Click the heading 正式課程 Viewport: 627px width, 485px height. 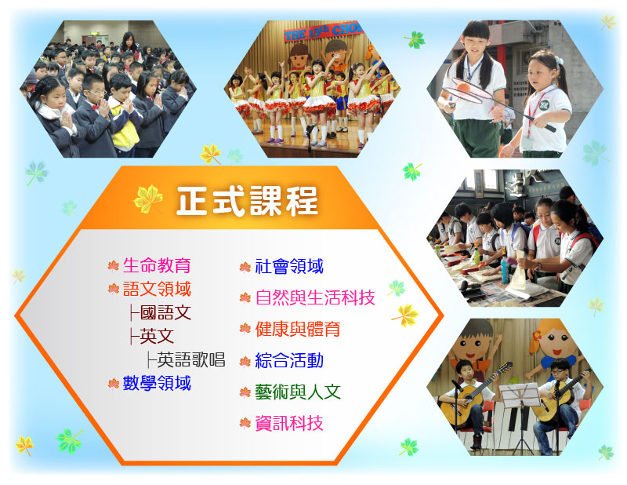(247, 201)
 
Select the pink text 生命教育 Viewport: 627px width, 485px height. (157, 265)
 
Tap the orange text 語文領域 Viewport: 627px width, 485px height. (157, 289)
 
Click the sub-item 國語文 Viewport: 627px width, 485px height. (165, 312)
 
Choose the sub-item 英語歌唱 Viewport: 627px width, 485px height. (190, 359)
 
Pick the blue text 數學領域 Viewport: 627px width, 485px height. (157, 383)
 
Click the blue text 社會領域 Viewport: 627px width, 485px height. (289, 266)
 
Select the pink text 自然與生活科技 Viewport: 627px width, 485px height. (315, 297)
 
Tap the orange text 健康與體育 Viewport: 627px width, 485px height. (298, 329)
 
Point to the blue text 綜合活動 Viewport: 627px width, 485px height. (289, 360)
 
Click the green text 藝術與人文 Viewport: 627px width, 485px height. (298, 392)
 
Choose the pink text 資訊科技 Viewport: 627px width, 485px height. (289, 423)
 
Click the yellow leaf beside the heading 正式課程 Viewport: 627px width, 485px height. (148, 199)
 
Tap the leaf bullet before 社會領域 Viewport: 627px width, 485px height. (245, 267)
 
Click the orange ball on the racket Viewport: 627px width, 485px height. (463, 87)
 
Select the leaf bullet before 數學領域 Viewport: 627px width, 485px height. (114, 384)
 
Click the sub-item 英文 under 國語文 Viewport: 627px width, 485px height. (157, 336)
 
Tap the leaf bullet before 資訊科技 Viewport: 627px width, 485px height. (245, 423)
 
